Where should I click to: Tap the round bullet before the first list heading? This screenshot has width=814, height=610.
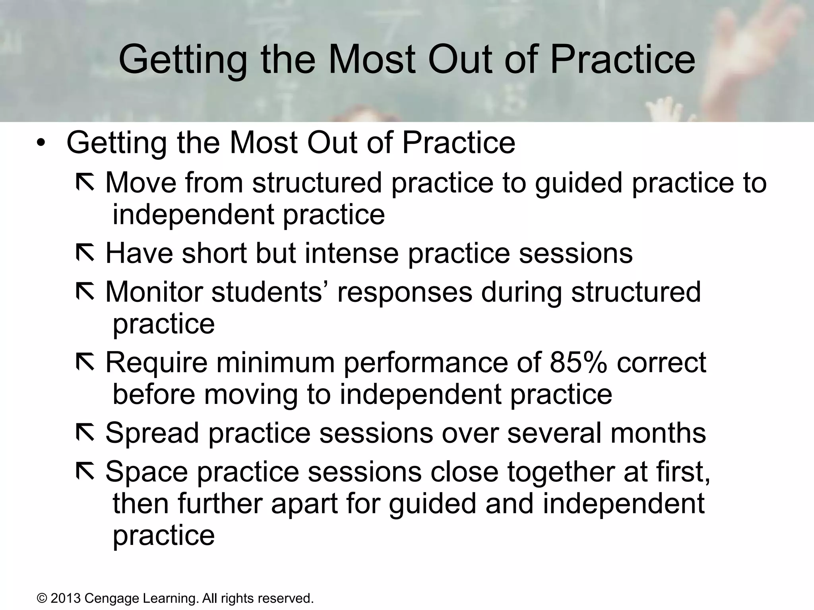pos(41,143)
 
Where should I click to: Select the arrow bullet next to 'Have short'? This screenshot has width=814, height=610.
pos(85,253)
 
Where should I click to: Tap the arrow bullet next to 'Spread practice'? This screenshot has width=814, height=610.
pos(85,433)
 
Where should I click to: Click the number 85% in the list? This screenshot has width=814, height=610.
pos(578,362)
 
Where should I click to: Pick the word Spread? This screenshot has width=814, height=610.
pos(152,433)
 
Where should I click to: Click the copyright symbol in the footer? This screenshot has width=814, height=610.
pos(41,598)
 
